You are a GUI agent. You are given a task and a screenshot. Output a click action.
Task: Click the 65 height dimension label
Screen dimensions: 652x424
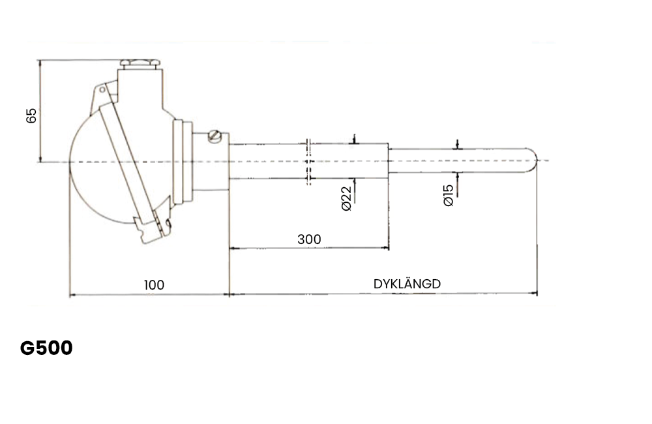pos(31,115)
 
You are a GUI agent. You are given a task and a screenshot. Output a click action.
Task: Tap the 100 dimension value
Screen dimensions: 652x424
pos(154,285)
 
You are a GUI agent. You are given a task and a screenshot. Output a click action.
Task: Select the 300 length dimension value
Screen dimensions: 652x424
pos(309,239)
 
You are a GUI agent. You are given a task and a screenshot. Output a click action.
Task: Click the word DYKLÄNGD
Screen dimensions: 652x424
pos(407,284)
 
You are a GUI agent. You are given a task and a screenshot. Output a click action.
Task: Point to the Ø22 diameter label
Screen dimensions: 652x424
pos(346,198)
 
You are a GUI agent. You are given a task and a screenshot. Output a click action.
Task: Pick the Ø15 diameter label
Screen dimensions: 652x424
pos(449,196)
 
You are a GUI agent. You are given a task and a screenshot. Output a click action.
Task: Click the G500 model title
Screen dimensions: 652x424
pos(46,348)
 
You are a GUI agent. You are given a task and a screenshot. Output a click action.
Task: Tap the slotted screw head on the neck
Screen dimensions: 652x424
pos(215,136)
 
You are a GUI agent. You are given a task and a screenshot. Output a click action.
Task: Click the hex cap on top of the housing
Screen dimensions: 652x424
pos(140,64)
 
